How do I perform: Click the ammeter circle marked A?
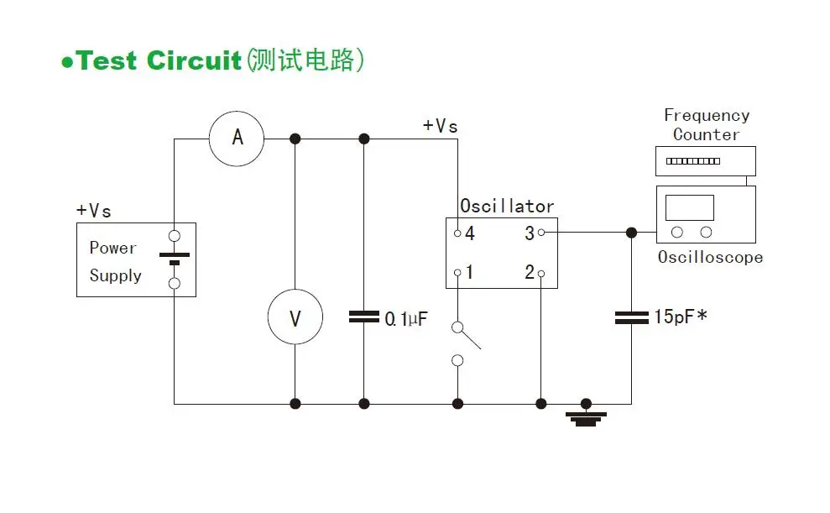237,138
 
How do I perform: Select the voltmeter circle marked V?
295,317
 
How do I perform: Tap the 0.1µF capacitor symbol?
363,317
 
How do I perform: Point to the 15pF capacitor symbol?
631,317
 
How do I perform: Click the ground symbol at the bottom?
585,416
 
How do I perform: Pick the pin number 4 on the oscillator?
469,233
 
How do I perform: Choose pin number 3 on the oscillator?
530,233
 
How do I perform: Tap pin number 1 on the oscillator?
469,273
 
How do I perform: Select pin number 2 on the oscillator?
530,273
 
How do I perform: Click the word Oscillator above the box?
507,206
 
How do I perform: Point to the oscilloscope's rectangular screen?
689,207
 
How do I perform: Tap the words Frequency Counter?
707,124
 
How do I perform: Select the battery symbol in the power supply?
175,258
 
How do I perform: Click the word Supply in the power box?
116,276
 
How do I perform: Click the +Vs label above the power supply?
94,210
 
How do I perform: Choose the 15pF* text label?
681,317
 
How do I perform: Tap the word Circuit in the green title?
194,61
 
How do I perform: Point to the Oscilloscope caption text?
710,257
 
